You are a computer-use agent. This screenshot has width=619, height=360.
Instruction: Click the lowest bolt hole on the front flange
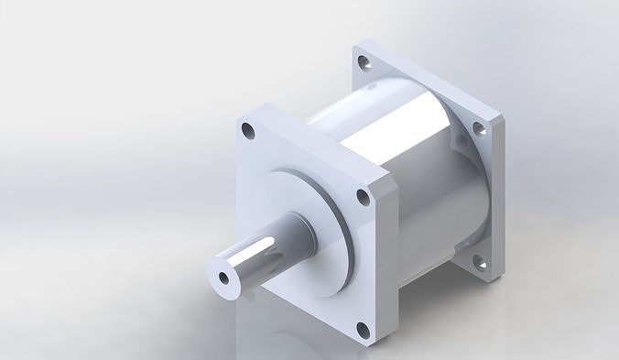(x=363, y=331)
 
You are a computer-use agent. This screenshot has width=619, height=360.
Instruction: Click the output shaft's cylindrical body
(x=252, y=261)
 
